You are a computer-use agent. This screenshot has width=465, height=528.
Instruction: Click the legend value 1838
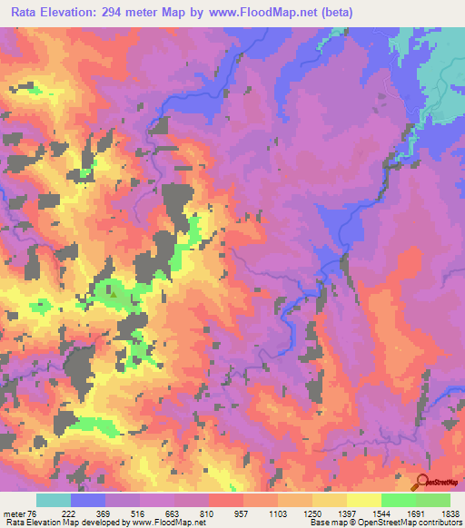(x=451, y=513)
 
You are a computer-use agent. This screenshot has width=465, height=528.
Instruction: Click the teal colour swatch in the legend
(x=53, y=500)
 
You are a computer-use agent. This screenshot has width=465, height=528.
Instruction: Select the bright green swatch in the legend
(x=433, y=500)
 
